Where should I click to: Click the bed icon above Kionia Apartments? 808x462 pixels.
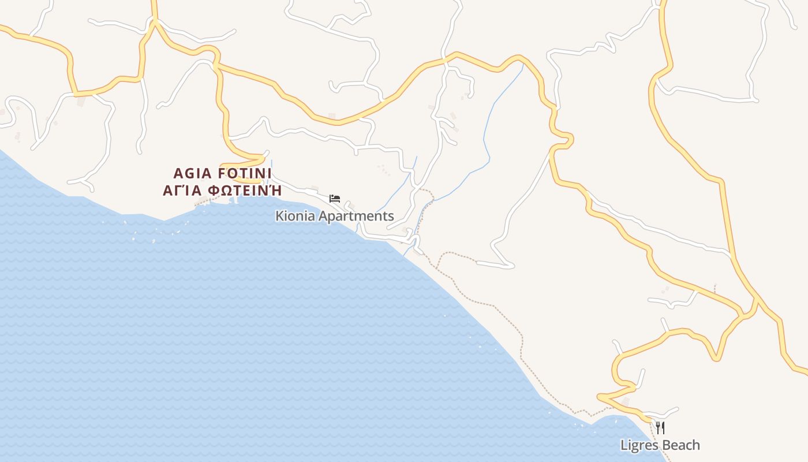[335, 199]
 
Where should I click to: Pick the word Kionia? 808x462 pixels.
[293, 217]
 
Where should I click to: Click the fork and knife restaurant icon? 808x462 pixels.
[660, 428]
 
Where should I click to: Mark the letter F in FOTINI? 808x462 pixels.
[223, 173]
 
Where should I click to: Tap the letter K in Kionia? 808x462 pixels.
[279, 217]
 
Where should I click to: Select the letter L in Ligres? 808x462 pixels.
[624, 445]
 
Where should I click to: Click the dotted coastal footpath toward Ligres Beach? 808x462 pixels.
[508, 315]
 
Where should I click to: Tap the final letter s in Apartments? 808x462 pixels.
[391, 217]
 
